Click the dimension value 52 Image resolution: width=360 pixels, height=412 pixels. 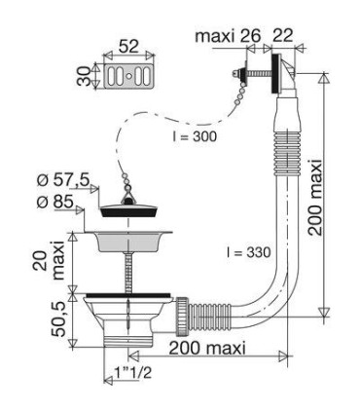point(128,47)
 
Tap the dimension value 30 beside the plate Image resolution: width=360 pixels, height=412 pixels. point(85,76)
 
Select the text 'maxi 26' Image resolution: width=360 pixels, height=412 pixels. point(228,36)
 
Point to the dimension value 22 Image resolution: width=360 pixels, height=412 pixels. point(282,35)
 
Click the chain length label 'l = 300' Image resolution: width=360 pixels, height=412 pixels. point(194,136)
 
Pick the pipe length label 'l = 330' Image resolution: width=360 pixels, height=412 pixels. point(248,252)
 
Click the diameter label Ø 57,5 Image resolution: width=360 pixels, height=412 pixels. point(63,181)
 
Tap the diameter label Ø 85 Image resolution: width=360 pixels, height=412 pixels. point(55,203)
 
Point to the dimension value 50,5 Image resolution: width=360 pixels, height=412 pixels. point(58,319)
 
